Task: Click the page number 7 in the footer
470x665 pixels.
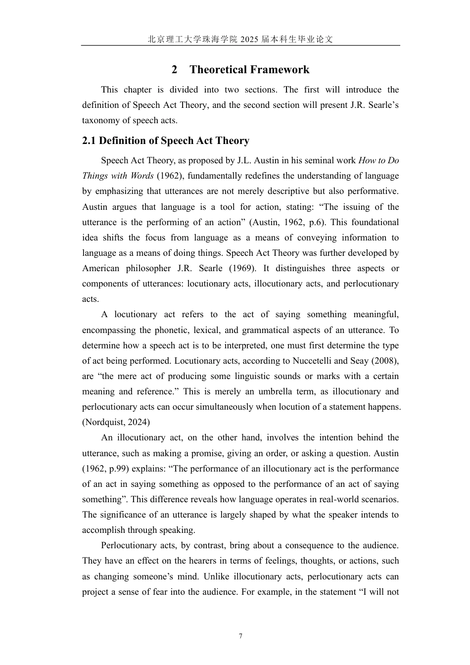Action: point(240,636)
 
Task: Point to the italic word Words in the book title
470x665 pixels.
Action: point(142,176)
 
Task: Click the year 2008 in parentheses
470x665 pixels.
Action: point(385,361)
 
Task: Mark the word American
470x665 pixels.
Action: point(101,269)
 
